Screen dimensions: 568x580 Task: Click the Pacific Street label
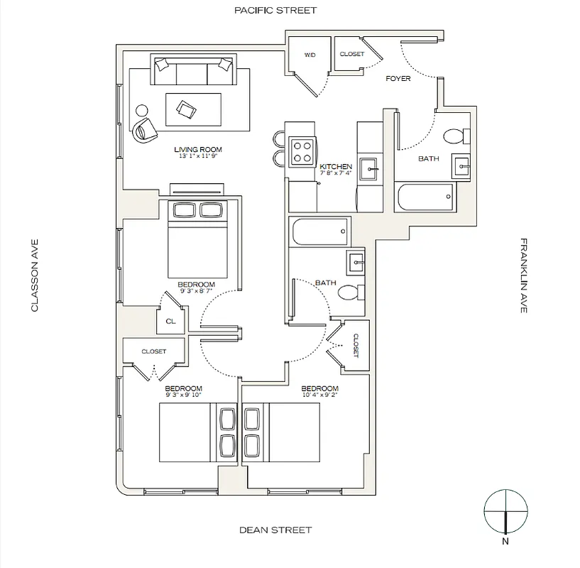coord(266,10)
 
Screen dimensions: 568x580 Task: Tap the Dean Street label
coord(275,530)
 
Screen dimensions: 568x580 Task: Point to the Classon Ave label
coord(33,275)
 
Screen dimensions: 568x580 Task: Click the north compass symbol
coord(505,513)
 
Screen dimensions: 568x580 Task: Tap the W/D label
coord(310,55)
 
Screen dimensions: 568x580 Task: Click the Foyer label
coord(398,79)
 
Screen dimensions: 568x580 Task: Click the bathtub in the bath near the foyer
coord(425,196)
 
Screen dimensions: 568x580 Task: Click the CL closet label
coord(170,321)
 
